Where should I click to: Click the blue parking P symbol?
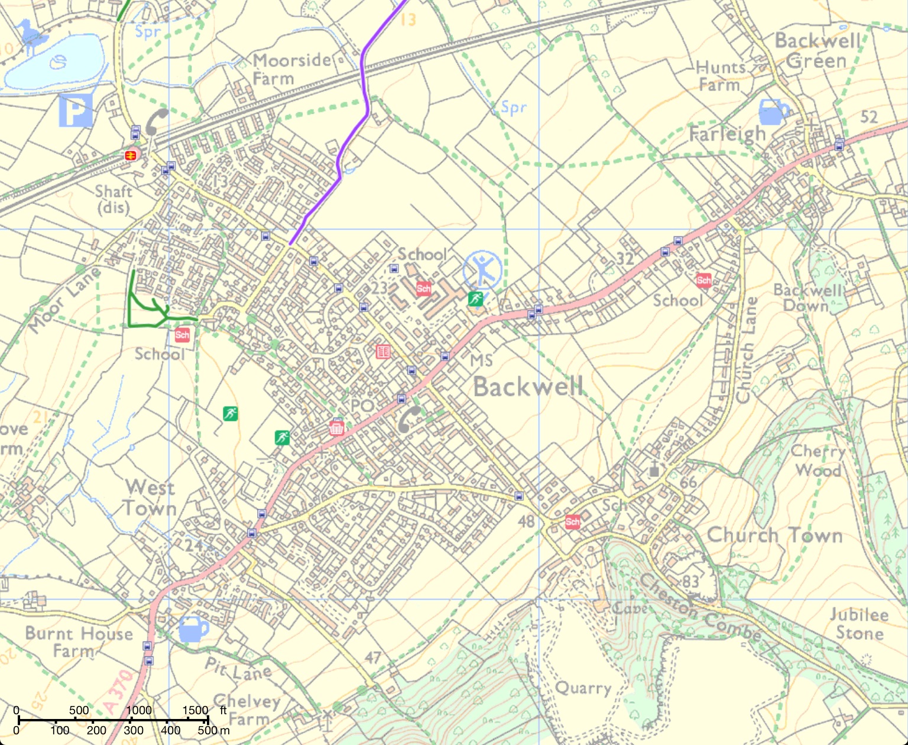coord(76,111)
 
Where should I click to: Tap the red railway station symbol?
coord(131,155)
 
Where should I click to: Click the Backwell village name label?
coord(528,387)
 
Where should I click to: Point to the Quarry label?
coord(583,688)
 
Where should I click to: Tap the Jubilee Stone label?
coord(859,624)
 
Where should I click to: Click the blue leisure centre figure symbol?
coord(482,270)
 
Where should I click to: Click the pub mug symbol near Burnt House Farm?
coord(193,629)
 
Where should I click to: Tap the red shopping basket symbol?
coord(336,428)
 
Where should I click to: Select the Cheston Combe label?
coord(701,608)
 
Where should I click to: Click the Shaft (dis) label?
coord(113,199)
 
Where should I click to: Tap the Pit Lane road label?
coord(238,669)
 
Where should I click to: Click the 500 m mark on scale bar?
coord(207,720)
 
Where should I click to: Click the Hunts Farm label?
coord(720,76)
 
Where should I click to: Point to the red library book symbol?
coord(383,352)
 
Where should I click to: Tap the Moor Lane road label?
coord(64,299)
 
